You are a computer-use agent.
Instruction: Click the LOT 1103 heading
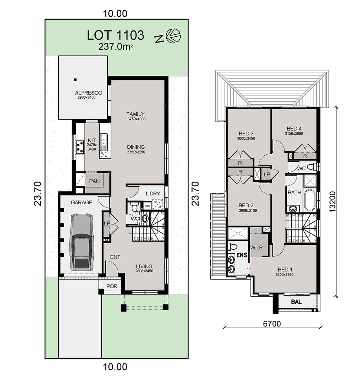coord(115,35)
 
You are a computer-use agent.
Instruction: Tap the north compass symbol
coord(173,36)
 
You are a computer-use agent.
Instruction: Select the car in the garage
coord(82,241)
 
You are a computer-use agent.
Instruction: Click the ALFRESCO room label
coord(89,93)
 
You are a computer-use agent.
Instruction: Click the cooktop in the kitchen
coord(80,147)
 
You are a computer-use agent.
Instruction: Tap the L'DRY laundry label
coord(152,193)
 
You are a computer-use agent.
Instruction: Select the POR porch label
coord(112,286)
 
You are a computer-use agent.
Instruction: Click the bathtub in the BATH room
coord(310,200)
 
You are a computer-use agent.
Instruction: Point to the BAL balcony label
coord(296,302)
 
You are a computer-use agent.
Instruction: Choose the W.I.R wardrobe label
coord(257,247)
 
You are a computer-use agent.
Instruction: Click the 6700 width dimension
coord(272,324)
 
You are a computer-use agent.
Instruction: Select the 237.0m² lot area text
coord(115,47)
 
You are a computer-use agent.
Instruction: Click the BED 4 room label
coord(294,129)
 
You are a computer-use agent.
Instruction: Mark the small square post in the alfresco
coord(75,79)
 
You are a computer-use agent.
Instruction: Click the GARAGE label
coord(81,202)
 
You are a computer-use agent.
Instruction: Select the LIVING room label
coord(144,266)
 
